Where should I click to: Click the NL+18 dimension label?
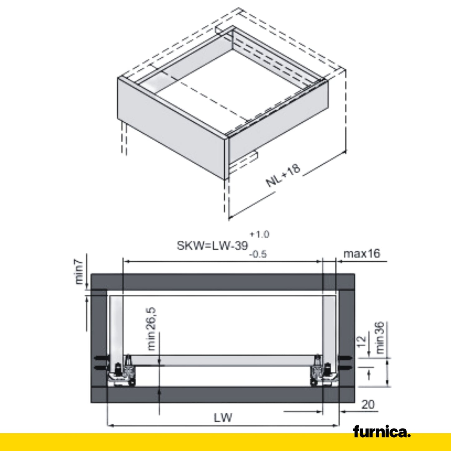click(283, 175)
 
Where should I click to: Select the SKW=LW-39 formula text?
click(212, 246)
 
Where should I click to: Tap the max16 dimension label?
click(362, 254)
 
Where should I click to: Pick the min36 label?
click(380, 338)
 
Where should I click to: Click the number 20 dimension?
click(368, 404)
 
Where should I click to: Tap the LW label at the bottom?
click(223, 417)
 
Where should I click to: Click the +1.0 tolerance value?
click(259, 234)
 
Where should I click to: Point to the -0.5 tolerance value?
click(258, 254)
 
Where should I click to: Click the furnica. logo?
click(382, 432)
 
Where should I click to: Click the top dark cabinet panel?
click(222, 282)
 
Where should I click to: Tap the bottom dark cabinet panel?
click(222, 395)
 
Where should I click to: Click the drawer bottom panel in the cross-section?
click(223, 360)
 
